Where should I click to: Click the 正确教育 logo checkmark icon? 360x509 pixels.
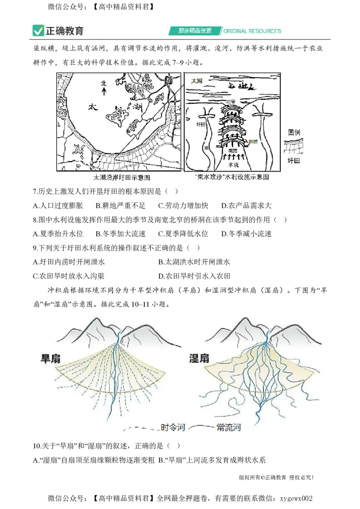click(38, 31)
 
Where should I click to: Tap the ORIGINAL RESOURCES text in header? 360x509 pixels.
click(252, 31)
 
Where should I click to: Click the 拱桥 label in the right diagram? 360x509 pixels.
click(253, 142)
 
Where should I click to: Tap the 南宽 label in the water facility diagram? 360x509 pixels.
click(232, 151)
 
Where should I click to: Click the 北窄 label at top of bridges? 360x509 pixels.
click(230, 102)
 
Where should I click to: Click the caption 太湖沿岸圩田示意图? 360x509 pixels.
click(121, 177)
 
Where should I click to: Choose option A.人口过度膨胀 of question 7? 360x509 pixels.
click(58, 205)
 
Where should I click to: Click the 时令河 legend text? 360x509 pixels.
click(173, 427)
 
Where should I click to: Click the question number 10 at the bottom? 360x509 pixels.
click(36, 446)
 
